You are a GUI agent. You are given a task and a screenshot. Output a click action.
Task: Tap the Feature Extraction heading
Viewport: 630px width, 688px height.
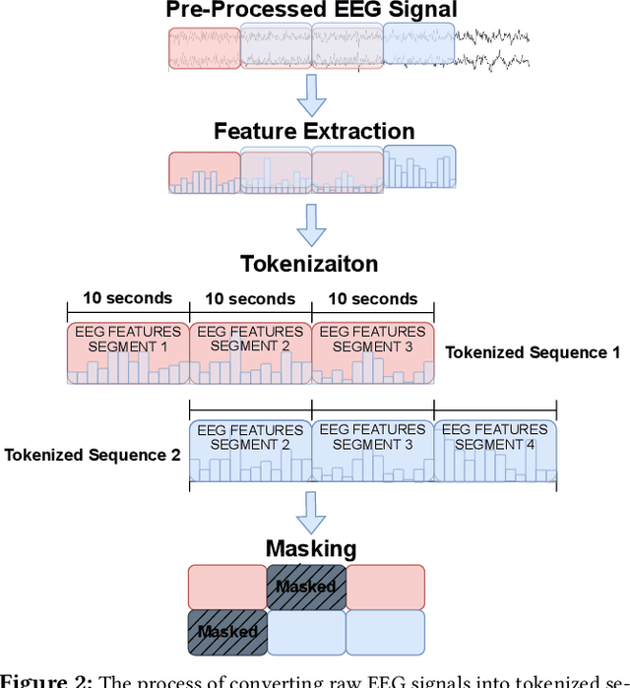[314, 131]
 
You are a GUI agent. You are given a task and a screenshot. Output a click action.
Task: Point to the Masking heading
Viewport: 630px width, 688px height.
[311, 548]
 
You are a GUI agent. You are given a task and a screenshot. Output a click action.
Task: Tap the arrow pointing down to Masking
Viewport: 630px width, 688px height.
[311, 510]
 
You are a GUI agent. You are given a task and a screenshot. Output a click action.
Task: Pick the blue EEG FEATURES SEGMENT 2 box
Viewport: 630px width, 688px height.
[250, 451]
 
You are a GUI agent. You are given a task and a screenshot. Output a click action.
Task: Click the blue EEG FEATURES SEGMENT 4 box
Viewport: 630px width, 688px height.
[495, 451]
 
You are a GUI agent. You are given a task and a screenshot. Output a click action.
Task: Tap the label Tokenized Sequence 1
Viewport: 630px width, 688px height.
[533, 352]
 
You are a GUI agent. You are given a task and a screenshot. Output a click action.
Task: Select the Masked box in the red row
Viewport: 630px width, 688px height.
[306, 587]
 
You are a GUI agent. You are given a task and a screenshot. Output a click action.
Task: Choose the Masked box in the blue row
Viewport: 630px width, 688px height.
[226, 632]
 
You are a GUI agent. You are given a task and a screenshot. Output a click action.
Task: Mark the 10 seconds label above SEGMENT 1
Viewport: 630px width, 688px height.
[127, 298]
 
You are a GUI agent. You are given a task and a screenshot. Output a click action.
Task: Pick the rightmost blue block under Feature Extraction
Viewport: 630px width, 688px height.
[419, 167]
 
